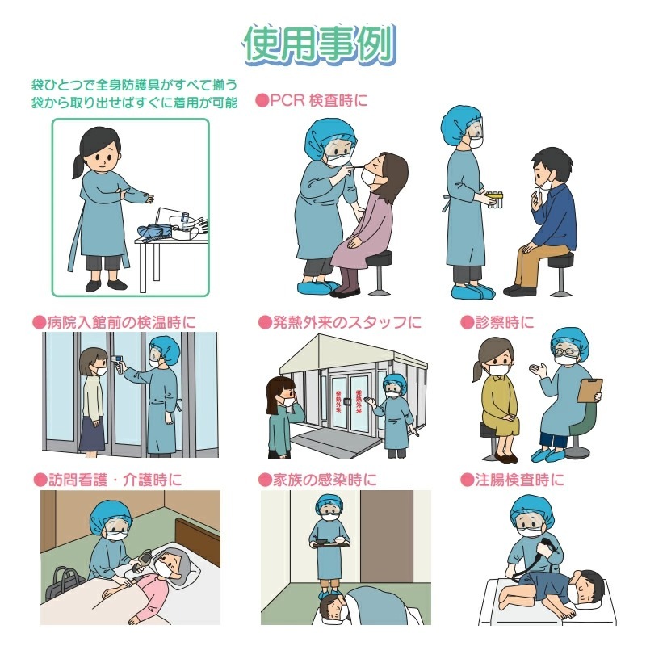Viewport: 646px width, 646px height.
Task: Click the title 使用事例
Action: pyautogui.click(x=319, y=44)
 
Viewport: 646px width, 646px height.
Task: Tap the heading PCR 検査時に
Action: pyautogui.click(x=318, y=100)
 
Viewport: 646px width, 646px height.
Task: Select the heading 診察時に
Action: pyautogui.click(x=504, y=322)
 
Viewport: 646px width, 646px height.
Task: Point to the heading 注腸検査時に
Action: pyautogui.click(x=519, y=480)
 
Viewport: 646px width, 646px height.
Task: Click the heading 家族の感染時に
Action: pyautogui.click(x=325, y=480)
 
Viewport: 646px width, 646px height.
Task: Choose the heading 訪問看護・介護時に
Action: pyautogui.click(x=115, y=480)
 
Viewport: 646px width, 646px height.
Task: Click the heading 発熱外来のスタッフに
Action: pyautogui.click(x=347, y=322)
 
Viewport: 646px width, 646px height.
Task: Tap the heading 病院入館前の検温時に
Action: pyautogui.click(x=122, y=322)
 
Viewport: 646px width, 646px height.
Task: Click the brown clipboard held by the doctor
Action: pyautogui.click(x=589, y=390)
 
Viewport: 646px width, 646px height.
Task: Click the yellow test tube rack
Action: pyautogui.click(x=494, y=198)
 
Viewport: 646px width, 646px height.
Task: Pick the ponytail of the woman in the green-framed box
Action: pyautogui.click(x=78, y=166)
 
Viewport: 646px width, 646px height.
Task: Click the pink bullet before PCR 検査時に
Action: pyautogui.click(x=262, y=100)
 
